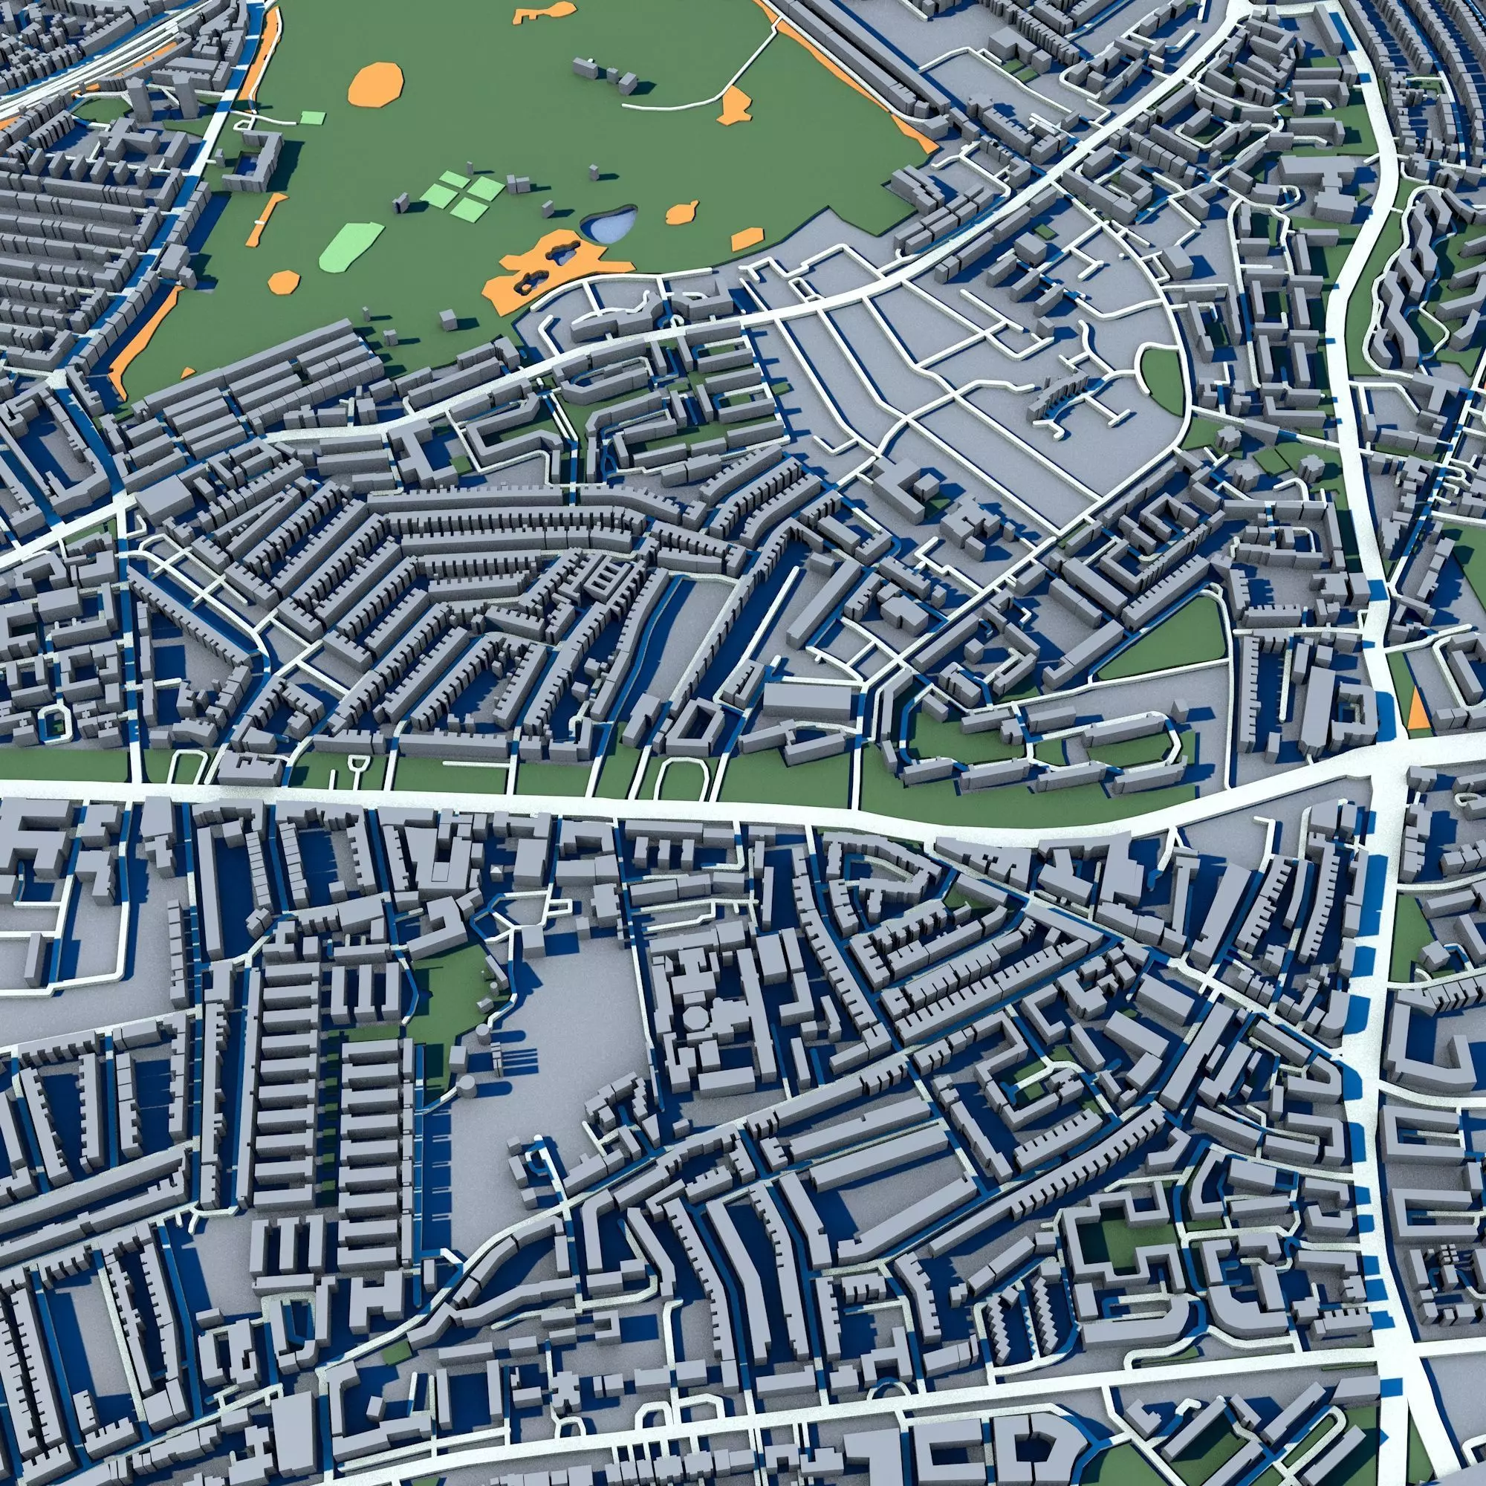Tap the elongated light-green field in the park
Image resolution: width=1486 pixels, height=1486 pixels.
pos(351,246)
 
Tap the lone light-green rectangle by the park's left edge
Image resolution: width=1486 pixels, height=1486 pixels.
pos(311,117)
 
